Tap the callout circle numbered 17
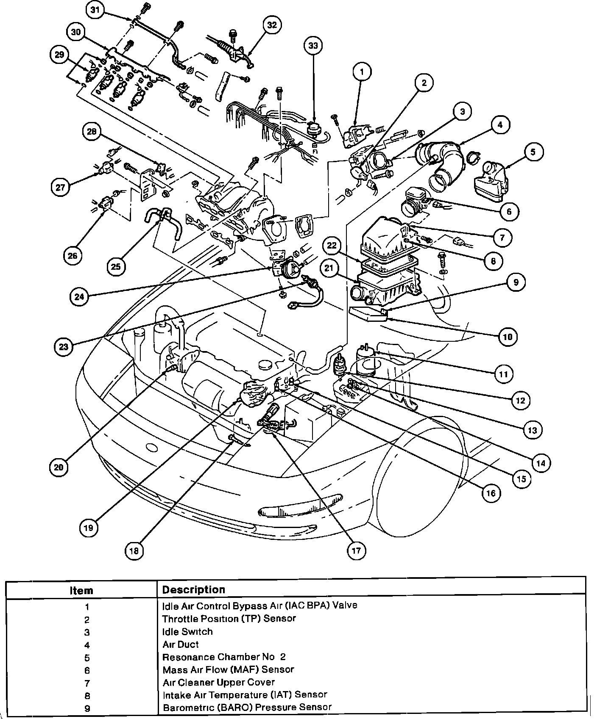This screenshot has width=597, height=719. [x=356, y=550]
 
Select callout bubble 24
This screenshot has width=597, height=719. [x=80, y=297]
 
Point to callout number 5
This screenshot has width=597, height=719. [x=533, y=152]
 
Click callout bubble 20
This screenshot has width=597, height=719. [x=59, y=467]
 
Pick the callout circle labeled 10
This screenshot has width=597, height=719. [x=508, y=337]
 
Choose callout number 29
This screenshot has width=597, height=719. [x=59, y=54]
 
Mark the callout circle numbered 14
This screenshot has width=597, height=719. [x=541, y=463]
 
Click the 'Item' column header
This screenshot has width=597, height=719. [x=81, y=590]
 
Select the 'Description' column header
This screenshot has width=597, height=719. [x=193, y=589]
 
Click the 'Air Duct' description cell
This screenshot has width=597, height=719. [x=181, y=644]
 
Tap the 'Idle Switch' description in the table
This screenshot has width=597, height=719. [x=187, y=631]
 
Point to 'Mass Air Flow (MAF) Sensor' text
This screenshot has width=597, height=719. [x=228, y=669]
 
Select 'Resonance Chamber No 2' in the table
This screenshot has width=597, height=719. [x=224, y=657]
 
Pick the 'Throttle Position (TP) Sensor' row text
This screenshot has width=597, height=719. [x=229, y=618]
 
